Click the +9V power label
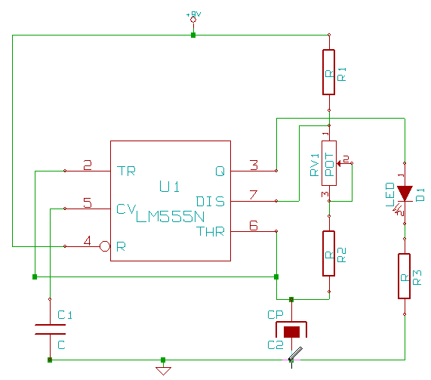[x=193, y=14]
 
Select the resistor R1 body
[x=328, y=73]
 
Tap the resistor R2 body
[x=328, y=254]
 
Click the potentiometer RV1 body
[x=328, y=162]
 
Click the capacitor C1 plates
[x=50, y=329]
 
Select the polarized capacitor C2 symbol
[x=291, y=331]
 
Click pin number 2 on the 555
[x=88, y=165]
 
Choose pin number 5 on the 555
[x=88, y=202]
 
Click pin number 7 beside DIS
[x=254, y=195]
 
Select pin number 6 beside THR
[x=254, y=225]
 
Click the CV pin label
[x=125, y=209]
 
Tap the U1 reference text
[x=169, y=187]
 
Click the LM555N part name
[x=170, y=217]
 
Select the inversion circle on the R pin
[x=106, y=246]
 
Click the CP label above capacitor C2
[x=275, y=314]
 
